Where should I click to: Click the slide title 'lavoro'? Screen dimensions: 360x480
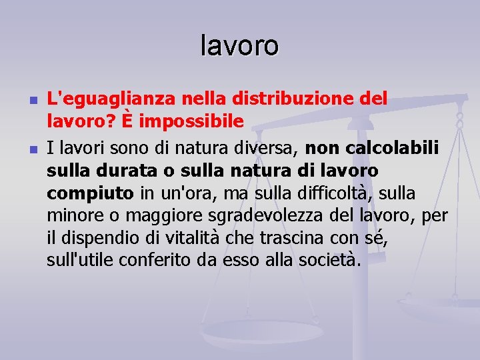(239, 46)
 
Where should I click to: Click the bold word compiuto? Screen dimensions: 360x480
(90, 193)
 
